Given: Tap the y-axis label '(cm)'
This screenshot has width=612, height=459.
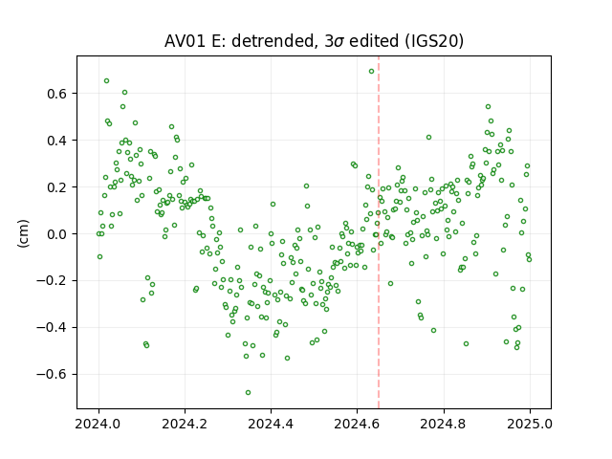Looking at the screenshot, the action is pos(23,233).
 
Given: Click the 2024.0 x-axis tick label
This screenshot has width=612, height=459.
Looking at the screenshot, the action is pos(98,424).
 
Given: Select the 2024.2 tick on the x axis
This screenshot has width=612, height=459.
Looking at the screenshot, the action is pos(185,424).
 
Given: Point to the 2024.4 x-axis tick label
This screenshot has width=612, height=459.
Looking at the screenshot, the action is pos(271,424).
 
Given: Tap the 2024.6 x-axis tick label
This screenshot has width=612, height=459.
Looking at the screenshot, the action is pos(357,424).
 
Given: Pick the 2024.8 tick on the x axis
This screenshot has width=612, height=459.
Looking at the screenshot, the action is pos(444,424).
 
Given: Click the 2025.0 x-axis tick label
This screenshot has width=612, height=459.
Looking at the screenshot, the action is pos(530,424).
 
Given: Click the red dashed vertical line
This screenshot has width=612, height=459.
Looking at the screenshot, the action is pos(379,232).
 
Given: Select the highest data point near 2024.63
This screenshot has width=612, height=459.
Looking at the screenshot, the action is pos(372,72).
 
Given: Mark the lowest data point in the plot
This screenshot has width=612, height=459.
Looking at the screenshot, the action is pos(248,393).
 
